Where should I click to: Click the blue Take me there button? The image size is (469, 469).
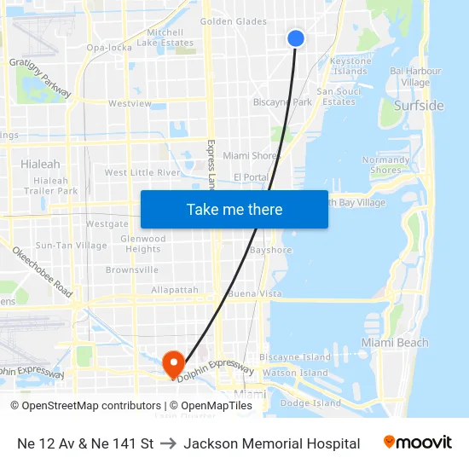pos(234,209)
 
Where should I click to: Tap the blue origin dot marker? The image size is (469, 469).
pos(296,38)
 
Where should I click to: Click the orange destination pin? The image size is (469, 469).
pos(173,365)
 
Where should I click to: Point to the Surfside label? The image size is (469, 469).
pos(419,106)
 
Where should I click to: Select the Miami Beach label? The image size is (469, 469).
pos(394,343)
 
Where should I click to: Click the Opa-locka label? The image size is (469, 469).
pos(108,48)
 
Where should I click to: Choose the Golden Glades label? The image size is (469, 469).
pos(234,21)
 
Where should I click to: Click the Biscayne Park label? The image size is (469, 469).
pos(282,102)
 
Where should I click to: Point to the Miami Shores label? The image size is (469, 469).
pos(252,156)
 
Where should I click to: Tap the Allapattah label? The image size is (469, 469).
pos(175,290)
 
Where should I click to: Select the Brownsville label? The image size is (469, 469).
pos(132,269)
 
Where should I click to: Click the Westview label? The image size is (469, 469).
pos(130,104)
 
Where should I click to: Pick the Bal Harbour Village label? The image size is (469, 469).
pos(414,77)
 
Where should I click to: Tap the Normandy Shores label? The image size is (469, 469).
pos(385,165)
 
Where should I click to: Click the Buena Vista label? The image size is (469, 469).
pos(255,293)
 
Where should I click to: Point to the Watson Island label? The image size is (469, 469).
pos(295,373)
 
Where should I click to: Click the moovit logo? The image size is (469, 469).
pos(417,443)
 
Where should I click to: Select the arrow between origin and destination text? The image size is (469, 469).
pos(168,443)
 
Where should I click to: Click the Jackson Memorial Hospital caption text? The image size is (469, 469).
pos(271,443)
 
